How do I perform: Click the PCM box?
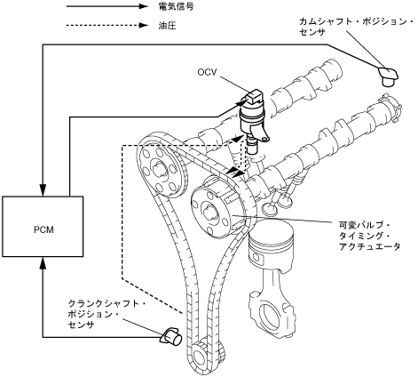click(43, 226)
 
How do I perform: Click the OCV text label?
click(207, 72)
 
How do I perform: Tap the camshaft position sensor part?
click(388, 76)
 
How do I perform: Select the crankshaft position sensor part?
click(171, 337)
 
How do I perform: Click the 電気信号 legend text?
click(176, 6)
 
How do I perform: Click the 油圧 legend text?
click(167, 26)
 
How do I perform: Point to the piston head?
click(271, 242)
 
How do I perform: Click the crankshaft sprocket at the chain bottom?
click(206, 356)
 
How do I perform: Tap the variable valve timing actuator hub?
click(218, 208)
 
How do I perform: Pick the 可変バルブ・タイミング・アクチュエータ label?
click(369, 236)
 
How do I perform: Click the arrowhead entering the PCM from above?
click(43, 190)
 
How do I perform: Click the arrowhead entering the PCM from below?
click(43, 263)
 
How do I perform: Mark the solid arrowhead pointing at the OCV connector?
click(241, 102)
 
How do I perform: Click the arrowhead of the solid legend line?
click(143, 6)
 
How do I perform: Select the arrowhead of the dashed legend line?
click(143, 25)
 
